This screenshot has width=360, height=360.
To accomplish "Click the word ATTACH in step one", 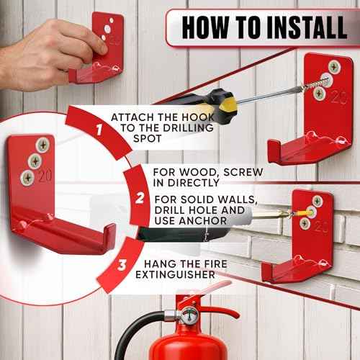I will coord(132,117).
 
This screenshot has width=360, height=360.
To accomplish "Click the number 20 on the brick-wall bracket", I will coord(322,226).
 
